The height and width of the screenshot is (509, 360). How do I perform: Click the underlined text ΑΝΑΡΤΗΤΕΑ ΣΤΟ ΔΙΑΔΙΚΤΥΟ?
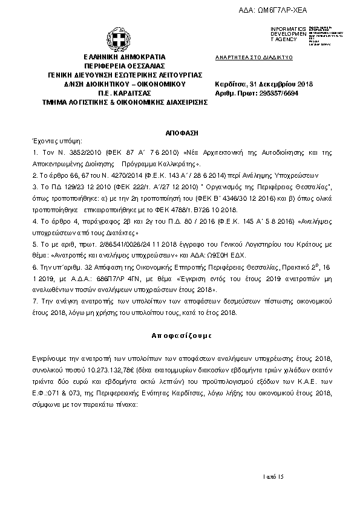[254, 56]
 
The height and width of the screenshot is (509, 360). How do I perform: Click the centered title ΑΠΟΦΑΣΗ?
[180, 131]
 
